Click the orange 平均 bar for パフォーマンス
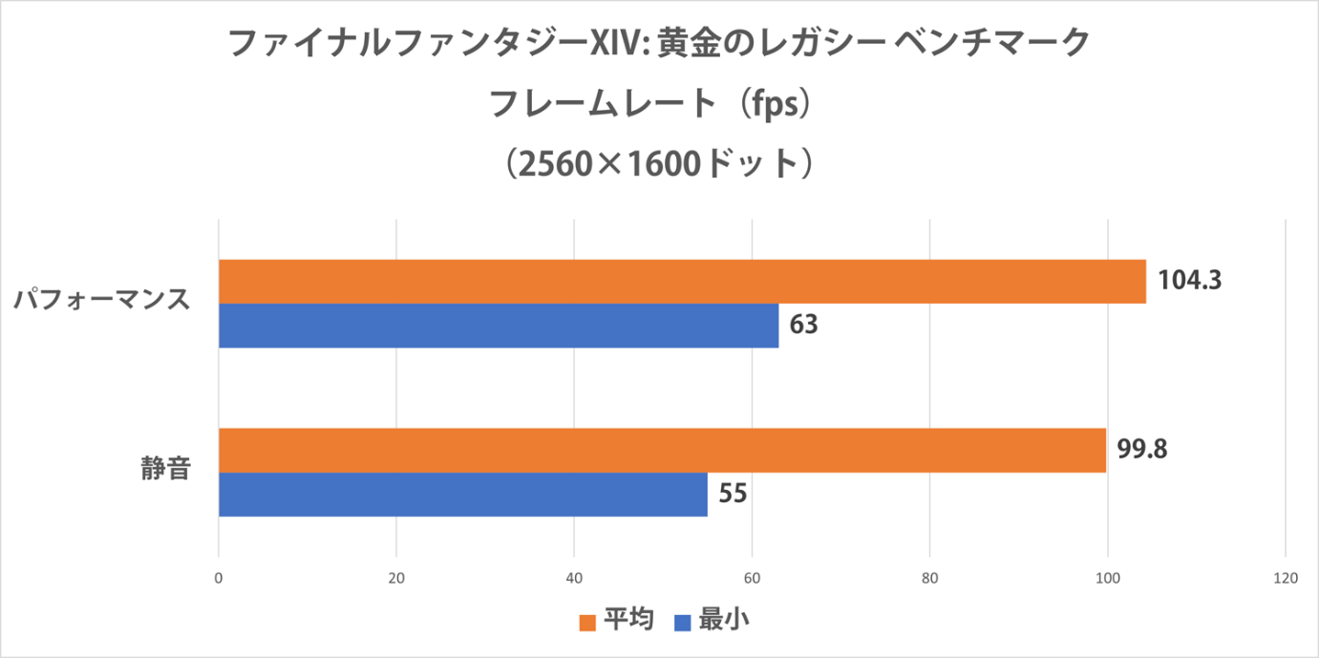coord(682,281)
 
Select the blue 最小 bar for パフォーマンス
coord(499,326)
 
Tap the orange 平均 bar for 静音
coord(662,451)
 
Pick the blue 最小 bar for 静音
coord(463,495)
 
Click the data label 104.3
coord(1190,281)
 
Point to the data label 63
coord(804,326)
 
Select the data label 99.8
coord(1143,449)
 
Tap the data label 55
coord(733,494)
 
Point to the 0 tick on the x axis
coord(219,578)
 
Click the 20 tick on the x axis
coord(396,578)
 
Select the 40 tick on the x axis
coord(574,578)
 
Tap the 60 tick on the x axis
coord(752,578)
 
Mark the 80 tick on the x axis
coord(929,578)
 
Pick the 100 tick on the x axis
coord(1107,578)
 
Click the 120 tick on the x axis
coord(1285,578)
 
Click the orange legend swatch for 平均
coord(587,623)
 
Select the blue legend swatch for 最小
coord(682,623)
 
